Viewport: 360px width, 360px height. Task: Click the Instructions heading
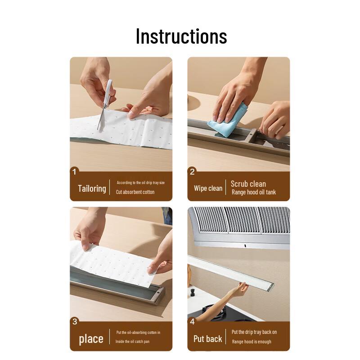click(181, 36)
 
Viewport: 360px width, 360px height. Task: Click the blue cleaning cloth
click(228, 120)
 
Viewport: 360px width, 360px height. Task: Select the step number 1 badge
click(74, 171)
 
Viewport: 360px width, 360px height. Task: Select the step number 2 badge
click(192, 171)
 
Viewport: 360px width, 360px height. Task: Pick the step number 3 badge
click(75, 321)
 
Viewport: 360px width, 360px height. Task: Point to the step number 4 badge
click(192, 321)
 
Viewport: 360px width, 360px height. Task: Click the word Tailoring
click(92, 189)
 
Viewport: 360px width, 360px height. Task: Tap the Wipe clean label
click(208, 189)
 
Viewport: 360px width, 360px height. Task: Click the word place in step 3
click(91, 339)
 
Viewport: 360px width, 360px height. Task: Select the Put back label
click(208, 339)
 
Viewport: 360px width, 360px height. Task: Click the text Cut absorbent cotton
click(135, 192)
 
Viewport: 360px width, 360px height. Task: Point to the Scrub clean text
click(248, 184)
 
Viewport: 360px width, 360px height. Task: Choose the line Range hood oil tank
click(254, 192)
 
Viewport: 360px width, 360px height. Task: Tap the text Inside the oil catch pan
click(132, 342)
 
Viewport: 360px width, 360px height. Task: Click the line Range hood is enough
click(252, 342)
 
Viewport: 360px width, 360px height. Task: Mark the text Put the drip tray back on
click(254, 332)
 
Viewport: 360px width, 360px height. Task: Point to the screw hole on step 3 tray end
click(158, 293)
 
